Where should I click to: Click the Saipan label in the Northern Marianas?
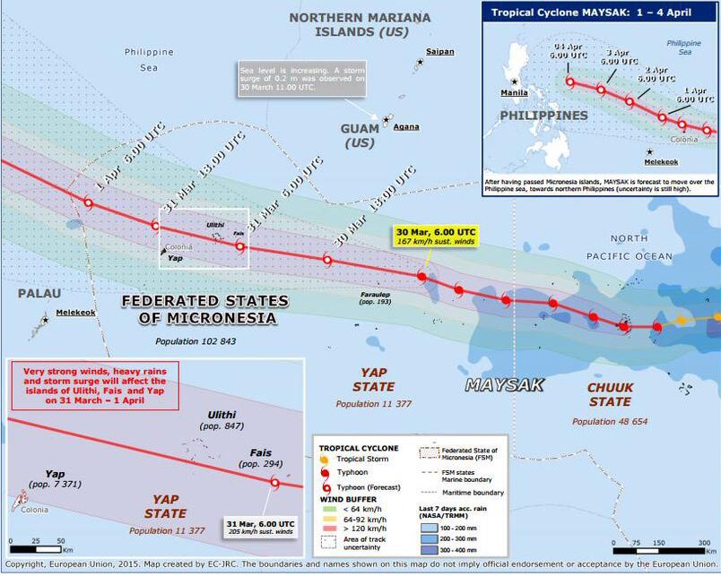[439, 51]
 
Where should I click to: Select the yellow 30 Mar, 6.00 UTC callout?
[435, 236]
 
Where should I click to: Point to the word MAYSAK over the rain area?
[504, 387]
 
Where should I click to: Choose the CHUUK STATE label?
[609, 395]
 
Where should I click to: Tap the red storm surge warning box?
[94, 385]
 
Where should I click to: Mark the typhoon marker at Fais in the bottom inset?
[275, 483]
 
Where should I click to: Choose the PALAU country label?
[32, 293]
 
